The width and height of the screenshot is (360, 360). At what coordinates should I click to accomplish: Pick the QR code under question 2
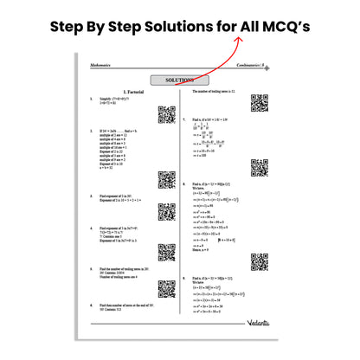[167, 180]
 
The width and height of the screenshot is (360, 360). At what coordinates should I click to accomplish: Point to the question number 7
[184, 119]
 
